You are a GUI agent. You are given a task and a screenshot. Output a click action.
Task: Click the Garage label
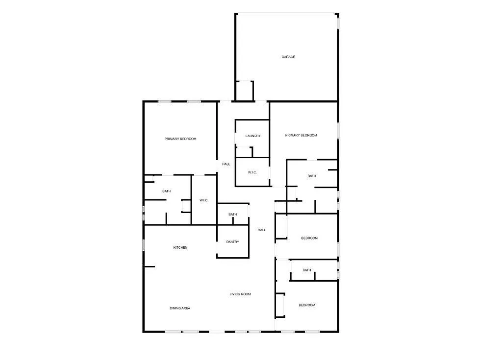[288, 57]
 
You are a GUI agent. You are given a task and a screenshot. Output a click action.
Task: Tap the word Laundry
[253, 136]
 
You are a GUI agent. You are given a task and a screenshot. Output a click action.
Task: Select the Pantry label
[232, 241]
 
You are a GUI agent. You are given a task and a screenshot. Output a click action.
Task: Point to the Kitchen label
[180, 247]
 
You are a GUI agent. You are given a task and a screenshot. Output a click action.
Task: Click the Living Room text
[240, 294]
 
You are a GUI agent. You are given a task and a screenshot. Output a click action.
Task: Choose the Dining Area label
[180, 308]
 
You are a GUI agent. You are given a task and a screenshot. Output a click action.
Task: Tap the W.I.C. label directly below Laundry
[252, 172]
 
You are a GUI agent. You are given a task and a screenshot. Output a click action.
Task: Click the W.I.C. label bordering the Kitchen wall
[204, 200]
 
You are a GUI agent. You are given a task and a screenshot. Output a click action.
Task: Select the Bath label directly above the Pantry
[232, 214]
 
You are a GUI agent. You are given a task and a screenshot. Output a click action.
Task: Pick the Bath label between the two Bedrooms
[307, 270]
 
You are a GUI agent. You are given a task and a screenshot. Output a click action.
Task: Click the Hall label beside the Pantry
[262, 230]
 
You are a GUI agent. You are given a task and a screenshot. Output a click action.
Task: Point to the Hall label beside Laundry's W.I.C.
[226, 164]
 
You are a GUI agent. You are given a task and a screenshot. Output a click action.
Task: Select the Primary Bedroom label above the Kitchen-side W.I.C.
[180, 139]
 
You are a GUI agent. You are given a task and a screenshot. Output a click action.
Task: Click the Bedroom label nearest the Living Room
[307, 305]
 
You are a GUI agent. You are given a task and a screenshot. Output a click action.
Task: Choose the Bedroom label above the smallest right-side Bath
[309, 238]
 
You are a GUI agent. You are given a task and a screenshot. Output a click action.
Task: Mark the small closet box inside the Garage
[245, 91]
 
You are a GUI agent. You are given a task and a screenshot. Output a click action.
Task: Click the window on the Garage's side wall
[338, 22]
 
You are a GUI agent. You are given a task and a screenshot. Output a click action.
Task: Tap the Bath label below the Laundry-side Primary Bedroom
[312, 176]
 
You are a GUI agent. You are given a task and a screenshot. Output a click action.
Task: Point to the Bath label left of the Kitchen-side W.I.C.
[167, 191]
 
